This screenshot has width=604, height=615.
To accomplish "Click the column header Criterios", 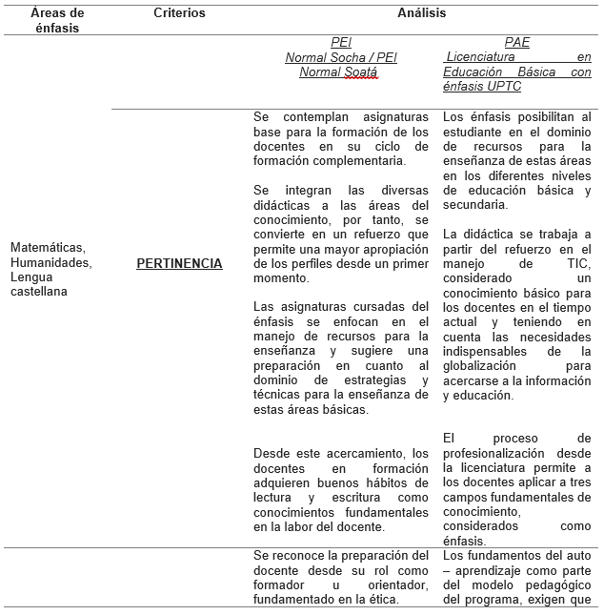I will click(x=179, y=13).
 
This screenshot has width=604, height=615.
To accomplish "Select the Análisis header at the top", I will click(x=422, y=13).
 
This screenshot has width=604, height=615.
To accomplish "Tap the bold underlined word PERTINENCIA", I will click(x=179, y=263).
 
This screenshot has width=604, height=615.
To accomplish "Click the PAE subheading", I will click(x=517, y=43).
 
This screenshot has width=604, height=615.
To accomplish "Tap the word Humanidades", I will click(x=50, y=262).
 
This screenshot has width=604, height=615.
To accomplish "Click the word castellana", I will click(x=39, y=292).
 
